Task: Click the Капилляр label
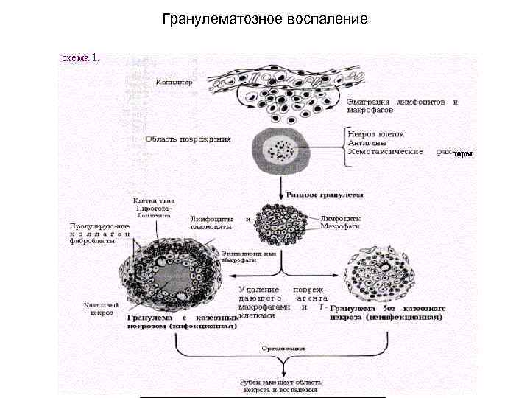(174, 83)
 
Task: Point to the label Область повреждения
(188, 138)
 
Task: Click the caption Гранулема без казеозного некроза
(386, 313)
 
